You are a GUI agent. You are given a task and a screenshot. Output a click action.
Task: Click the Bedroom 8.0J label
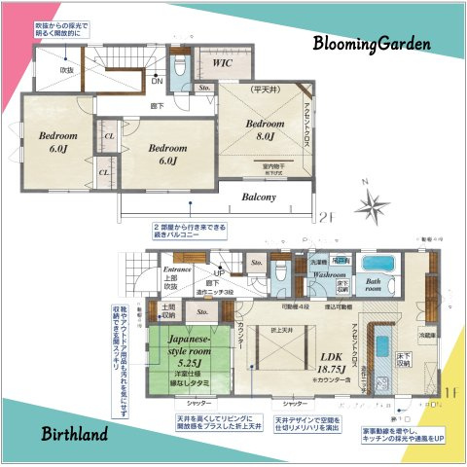pyautogui.click(x=264, y=131)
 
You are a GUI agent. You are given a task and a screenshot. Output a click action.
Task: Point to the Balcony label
pyautogui.click(x=260, y=197)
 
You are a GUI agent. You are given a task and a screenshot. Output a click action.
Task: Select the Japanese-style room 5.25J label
pyautogui.click(x=189, y=347)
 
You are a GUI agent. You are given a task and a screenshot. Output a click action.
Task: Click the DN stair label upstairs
pyautogui.click(x=157, y=81)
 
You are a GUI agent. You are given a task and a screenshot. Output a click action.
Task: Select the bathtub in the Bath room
pyautogui.click(x=376, y=264)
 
